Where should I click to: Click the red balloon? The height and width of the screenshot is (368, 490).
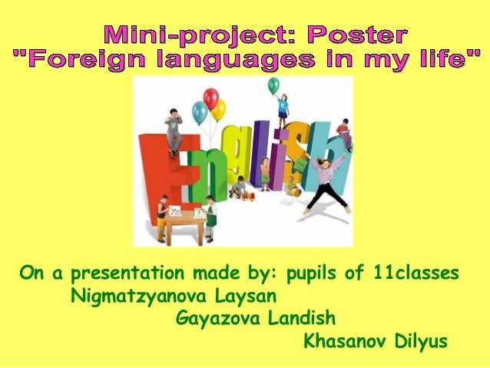pos(210,99)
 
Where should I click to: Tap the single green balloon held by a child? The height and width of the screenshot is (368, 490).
pos(273,86)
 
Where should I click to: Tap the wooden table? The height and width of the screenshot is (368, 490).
pos(185,222)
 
